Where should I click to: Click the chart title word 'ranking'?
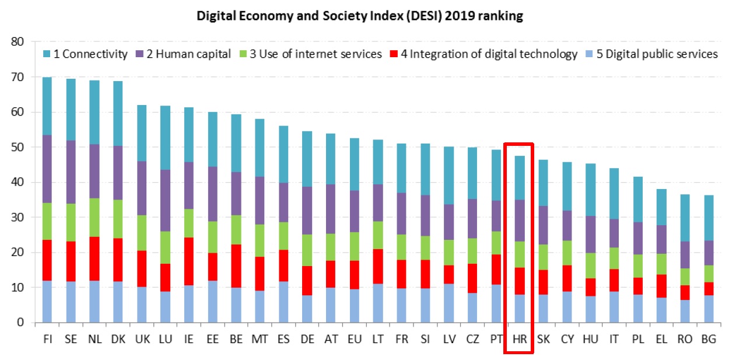(x=500, y=16)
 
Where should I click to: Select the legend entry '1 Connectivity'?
(x=85, y=54)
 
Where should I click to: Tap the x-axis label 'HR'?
(x=518, y=339)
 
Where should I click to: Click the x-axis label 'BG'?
(x=709, y=339)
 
